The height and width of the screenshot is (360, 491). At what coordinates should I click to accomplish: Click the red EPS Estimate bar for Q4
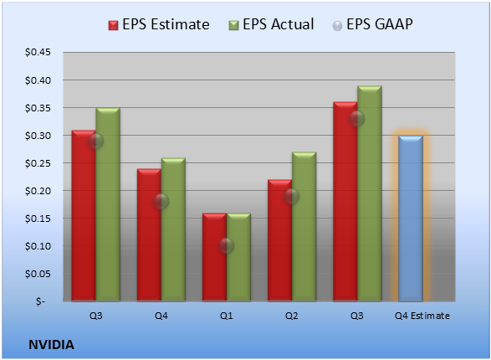149,235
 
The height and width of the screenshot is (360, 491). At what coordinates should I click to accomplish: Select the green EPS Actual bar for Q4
173,229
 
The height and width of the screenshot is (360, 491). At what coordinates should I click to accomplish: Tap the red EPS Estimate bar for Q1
214,257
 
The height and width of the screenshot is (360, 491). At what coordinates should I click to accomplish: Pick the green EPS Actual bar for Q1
238,257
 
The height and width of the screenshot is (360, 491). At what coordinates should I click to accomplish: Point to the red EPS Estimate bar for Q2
280,240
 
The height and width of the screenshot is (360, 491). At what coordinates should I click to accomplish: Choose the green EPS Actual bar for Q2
304,227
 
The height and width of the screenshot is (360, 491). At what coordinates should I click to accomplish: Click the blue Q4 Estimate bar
411,219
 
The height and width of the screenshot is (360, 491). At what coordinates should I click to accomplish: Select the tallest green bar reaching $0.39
370,193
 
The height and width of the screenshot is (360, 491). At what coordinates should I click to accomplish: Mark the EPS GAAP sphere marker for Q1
227,245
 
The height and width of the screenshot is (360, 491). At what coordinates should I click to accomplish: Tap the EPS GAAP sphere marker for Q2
292,197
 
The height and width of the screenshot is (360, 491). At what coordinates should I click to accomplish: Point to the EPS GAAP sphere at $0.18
161,202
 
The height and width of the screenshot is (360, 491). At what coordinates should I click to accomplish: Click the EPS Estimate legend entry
159,24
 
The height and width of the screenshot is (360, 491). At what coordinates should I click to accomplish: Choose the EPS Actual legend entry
271,24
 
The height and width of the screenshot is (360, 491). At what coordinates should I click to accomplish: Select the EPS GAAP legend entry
372,24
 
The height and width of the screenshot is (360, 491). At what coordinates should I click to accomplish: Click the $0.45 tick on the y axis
38,52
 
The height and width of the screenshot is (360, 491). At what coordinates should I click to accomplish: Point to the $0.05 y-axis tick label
38,274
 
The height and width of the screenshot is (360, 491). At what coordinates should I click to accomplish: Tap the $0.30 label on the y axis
38,136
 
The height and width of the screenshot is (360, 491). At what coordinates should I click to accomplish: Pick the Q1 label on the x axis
227,316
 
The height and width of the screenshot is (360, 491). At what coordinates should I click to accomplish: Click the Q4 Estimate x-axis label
422,316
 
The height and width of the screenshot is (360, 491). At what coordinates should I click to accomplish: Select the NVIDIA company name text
51,345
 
